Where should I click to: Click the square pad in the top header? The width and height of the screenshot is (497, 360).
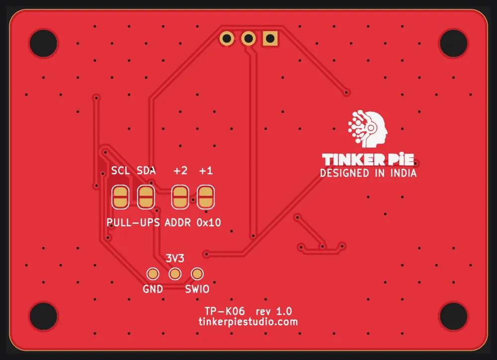pyautogui.click(x=270, y=39)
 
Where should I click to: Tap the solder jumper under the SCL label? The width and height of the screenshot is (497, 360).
pyautogui.click(x=120, y=197)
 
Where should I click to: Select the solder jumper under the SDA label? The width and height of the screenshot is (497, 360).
pyautogui.click(x=146, y=197)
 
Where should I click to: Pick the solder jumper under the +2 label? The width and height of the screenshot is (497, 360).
pyautogui.click(x=180, y=197)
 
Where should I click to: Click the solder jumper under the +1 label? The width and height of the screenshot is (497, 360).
pyautogui.click(x=206, y=197)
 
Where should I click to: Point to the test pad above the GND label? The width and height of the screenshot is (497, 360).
pyautogui.click(x=153, y=274)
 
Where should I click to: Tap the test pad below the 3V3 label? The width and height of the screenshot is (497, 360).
pyautogui.click(x=175, y=274)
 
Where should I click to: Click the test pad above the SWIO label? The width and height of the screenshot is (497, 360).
pyautogui.click(x=197, y=274)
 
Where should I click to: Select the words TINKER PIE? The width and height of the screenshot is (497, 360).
pyautogui.click(x=368, y=159)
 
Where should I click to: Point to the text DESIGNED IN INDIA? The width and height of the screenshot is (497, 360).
pyautogui.click(x=368, y=173)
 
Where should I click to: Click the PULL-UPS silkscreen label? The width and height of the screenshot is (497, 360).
pyautogui.click(x=133, y=222)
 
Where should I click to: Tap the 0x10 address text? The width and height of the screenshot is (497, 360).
pyautogui.click(x=209, y=222)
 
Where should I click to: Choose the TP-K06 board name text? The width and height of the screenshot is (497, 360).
pyautogui.click(x=225, y=311)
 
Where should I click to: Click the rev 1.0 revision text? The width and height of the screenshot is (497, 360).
pyautogui.click(x=274, y=311)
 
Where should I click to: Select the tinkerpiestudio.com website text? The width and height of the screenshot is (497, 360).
pyautogui.click(x=248, y=322)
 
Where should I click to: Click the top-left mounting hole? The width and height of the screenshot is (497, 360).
pyautogui.click(x=43, y=43)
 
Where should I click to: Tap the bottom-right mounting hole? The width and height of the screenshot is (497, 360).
pyautogui.click(x=454, y=316)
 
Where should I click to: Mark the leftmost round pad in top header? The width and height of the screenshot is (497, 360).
pyautogui.click(x=227, y=39)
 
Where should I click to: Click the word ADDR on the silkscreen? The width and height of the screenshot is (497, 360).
pyautogui.click(x=178, y=222)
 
